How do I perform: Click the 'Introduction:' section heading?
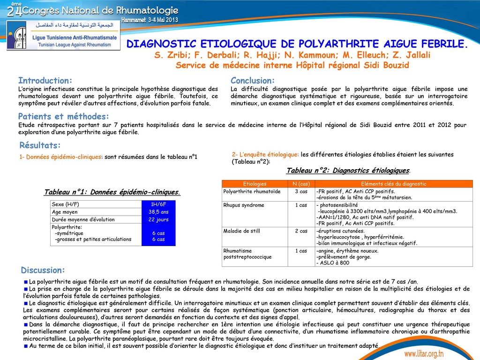point(45,81)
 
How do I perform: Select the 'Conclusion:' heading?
point(252,81)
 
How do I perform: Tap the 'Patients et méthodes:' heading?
point(63,116)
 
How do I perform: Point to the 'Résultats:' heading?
point(40,145)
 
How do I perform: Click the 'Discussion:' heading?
point(43,270)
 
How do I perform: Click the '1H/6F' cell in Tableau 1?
point(158,204)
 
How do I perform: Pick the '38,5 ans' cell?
point(158,212)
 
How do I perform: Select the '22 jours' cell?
point(158,219)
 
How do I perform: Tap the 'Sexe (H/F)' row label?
point(65,204)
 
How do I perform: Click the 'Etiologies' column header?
point(255,184)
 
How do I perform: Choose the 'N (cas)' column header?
point(301,184)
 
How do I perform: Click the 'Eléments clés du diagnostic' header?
point(394,184)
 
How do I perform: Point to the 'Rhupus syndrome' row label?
point(244,205)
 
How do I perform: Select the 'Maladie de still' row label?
point(242,231)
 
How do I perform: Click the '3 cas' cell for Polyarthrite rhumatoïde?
point(301,191)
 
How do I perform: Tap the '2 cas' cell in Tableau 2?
point(301,231)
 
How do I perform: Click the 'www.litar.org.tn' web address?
point(424,353)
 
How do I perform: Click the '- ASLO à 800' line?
point(333,263)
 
